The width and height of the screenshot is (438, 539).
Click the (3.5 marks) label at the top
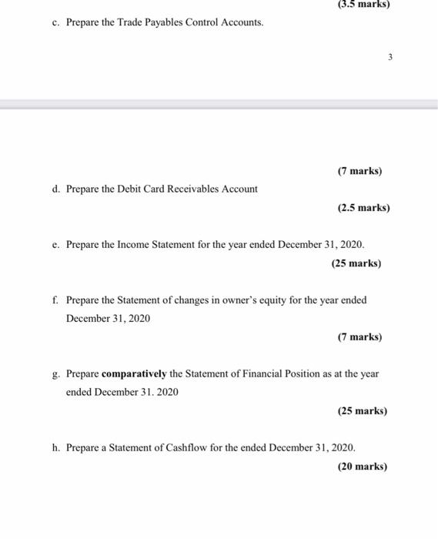(363, 4)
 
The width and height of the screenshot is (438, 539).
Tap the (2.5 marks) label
(363, 208)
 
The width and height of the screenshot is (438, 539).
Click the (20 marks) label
(362, 466)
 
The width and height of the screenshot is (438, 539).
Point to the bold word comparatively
(134, 373)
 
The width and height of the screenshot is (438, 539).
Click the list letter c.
(56, 22)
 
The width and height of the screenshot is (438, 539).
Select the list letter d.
(56, 189)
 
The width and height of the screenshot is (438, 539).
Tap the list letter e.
(56, 244)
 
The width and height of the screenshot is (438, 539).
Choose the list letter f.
(55, 300)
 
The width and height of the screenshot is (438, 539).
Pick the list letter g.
(56, 374)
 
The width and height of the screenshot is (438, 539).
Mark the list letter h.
(56, 447)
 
